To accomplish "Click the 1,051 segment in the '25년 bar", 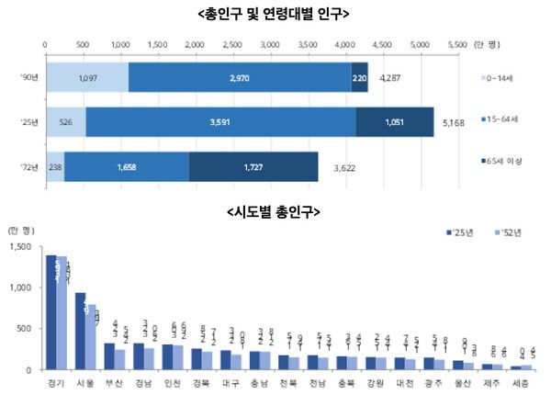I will coord(394,123).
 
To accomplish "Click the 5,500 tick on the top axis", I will coord(456,43).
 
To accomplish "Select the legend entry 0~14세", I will coord(506,79).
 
